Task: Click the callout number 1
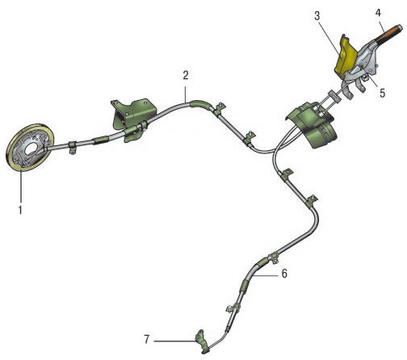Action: click(x=20, y=209)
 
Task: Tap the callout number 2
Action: click(x=186, y=76)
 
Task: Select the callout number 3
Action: click(x=317, y=16)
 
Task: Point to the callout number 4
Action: click(x=378, y=12)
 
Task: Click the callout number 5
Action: click(x=383, y=93)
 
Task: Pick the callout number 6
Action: click(x=284, y=274)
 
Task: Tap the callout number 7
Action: click(x=147, y=339)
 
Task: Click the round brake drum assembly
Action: click(x=30, y=147)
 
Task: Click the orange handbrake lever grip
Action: click(x=388, y=33)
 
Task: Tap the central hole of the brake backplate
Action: click(x=32, y=149)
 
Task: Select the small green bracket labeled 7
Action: click(x=202, y=341)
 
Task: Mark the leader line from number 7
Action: click(x=174, y=341)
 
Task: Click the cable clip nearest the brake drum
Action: click(x=72, y=147)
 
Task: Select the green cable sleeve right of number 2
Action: click(x=199, y=104)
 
